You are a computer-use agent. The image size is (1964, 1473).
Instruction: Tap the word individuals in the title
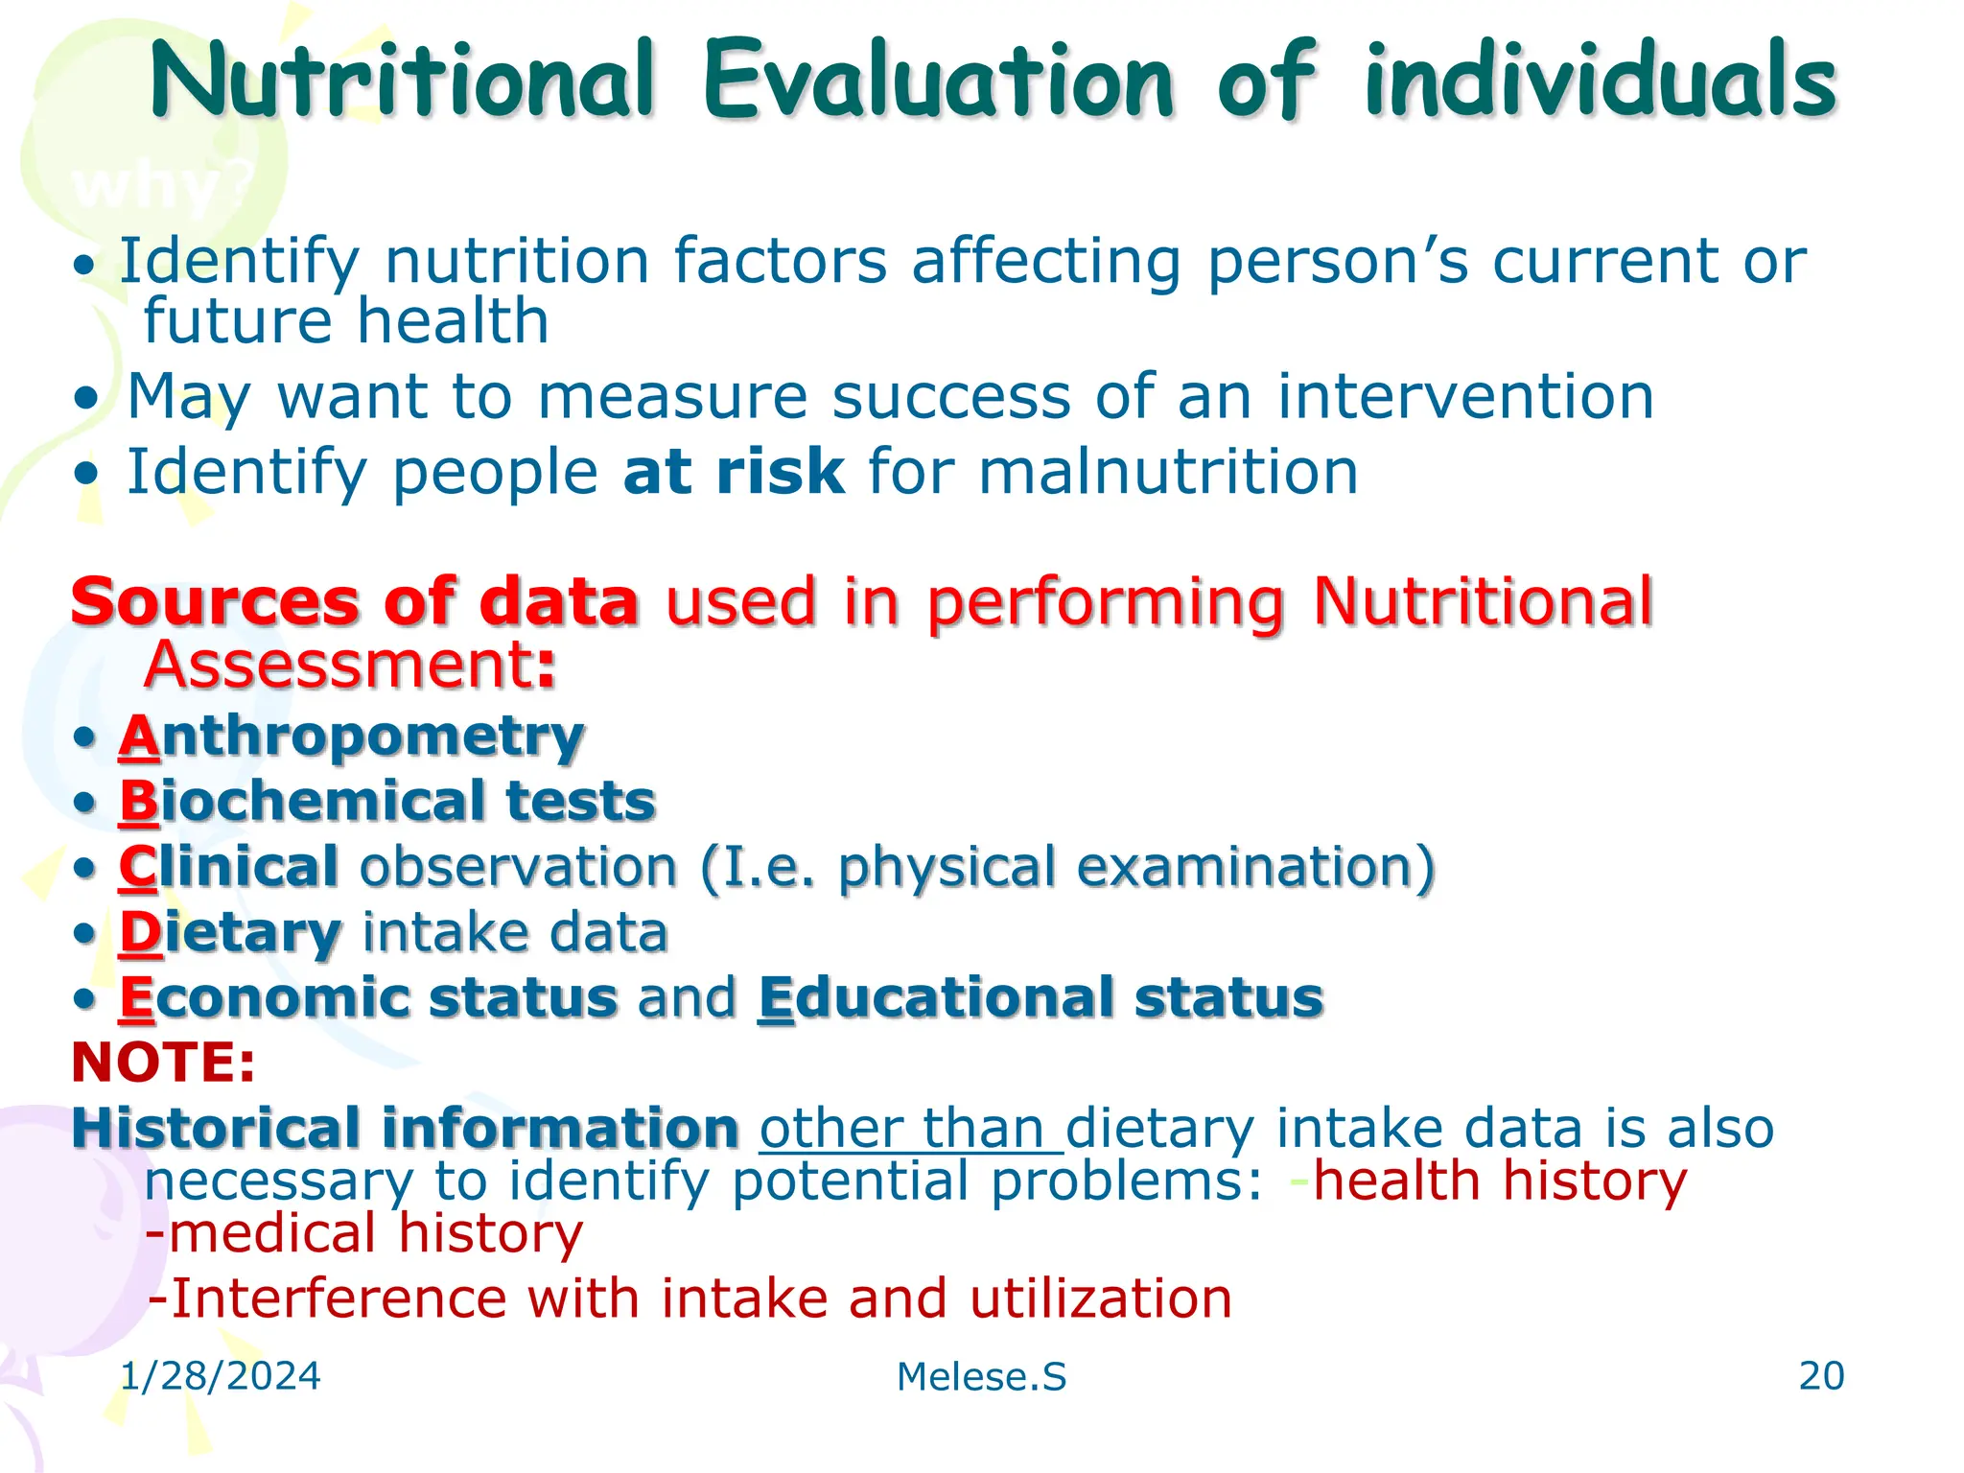[x=1600, y=81]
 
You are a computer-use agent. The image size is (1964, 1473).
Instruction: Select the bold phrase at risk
[x=734, y=472]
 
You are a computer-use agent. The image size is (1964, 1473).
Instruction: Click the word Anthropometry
[x=351, y=738]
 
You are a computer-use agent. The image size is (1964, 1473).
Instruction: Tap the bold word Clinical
[x=228, y=867]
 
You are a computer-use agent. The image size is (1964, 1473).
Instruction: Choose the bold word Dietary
[x=230, y=932]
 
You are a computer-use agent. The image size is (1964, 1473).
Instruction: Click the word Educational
[x=936, y=997]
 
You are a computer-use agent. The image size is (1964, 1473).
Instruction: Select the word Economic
[x=272, y=997]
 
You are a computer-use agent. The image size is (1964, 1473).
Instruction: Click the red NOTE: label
[x=164, y=1063]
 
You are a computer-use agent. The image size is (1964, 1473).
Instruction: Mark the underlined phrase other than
[x=911, y=1129]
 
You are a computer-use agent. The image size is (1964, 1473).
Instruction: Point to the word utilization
[x=1100, y=1299]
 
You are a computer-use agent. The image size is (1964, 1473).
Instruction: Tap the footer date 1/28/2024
[x=221, y=1376]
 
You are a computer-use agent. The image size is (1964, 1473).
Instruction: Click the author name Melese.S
[x=981, y=1377]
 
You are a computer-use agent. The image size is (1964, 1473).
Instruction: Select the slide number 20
[x=1821, y=1376]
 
